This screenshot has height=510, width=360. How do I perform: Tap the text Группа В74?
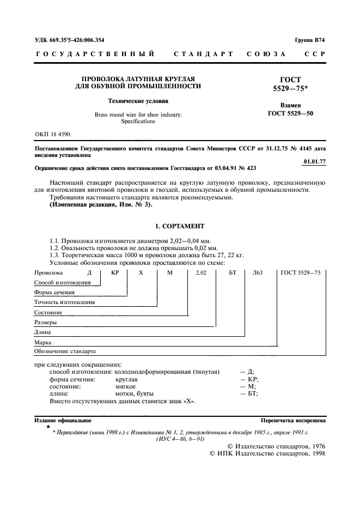pos(310,40)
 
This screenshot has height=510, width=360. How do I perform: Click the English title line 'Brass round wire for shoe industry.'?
pos(138,114)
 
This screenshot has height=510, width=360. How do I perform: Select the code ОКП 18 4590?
pos(52,133)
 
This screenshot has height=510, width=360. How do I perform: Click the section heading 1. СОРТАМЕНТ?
pos(180,226)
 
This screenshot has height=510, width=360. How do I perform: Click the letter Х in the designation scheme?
pos(141,272)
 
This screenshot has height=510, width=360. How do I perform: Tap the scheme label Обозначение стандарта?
pos(65,351)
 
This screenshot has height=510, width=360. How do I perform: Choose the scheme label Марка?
pos(42,342)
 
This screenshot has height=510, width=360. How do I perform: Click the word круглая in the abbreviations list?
pos(126,379)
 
